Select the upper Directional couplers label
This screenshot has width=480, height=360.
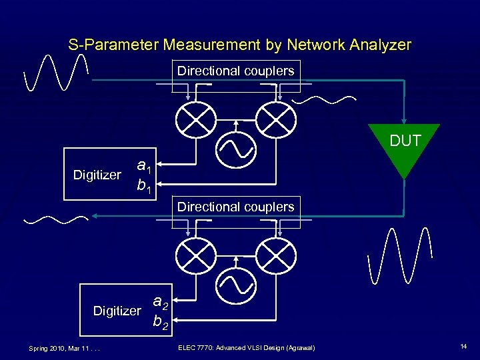236,71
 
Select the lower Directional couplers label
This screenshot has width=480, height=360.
236,207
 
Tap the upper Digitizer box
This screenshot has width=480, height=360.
97,175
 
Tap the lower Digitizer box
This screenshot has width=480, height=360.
117,311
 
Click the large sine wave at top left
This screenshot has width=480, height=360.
55,72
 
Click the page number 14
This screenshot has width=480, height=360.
463,347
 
